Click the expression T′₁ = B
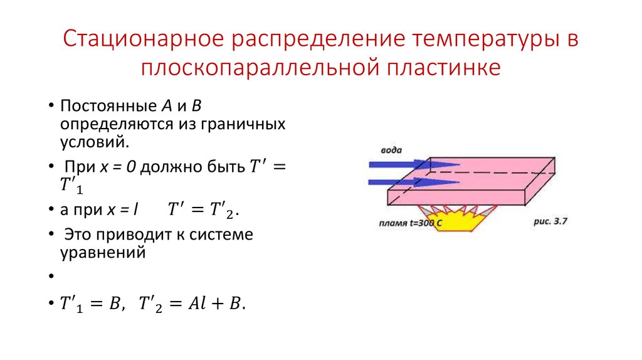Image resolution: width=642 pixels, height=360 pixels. pyautogui.click(x=91, y=304)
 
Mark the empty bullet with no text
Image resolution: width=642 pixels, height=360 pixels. pyautogui.click(x=49, y=276)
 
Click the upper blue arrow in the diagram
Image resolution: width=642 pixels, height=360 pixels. pyautogui.click(x=413, y=164)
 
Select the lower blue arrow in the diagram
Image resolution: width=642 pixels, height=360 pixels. pyautogui.click(x=413, y=182)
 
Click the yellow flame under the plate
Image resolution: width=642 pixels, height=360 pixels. pyautogui.click(x=461, y=221)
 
